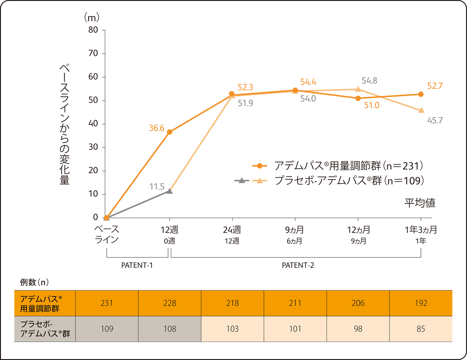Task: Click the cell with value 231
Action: pyautogui.click(x=107, y=303)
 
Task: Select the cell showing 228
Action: pyautogui.click(x=170, y=303)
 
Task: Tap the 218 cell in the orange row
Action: pyautogui.click(x=233, y=303)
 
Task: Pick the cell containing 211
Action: pyautogui.click(x=295, y=303)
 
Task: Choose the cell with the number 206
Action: pyautogui.click(x=358, y=303)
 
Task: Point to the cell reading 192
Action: pyautogui.click(x=421, y=303)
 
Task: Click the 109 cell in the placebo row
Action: pyautogui.click(x=107, y=329)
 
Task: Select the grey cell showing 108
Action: pyautogui.click(x=170, y=329)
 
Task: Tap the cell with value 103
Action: pyautogui.click(x=233, y=329)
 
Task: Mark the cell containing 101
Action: pyautogui.click(x=295, y=329)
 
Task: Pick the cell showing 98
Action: pyautogui.click(x=358, y=329)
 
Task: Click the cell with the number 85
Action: pyautogui.click(x=421, y=329)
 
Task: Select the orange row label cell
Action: pyautogui.click(x=41, y=303)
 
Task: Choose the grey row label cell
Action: pyautogui.click(x=41, y=329)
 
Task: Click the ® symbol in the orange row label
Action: pyautogui.click(x=60, y=297)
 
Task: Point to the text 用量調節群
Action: pyautogui.click(x=40, y=309)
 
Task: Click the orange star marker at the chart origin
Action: pyautogui.click(x=106, y=217)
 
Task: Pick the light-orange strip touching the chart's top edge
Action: pyautogui.click(x=338, y=59)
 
